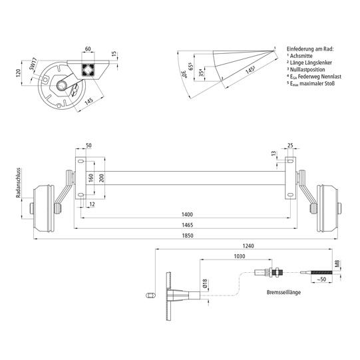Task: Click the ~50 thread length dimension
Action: pyautogui.click(x=321, y=279)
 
